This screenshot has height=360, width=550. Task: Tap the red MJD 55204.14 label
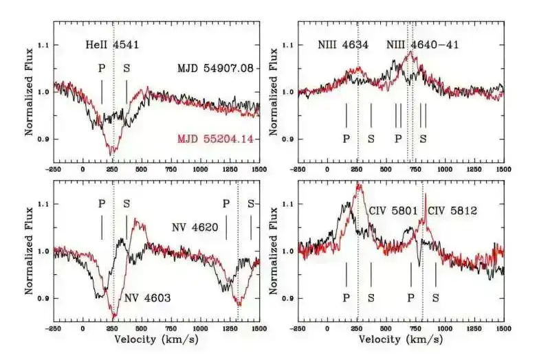pos(216,139)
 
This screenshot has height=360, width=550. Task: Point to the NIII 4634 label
pos(343,45)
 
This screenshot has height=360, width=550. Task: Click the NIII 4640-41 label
pos(423,45)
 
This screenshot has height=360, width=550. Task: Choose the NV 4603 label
pos(148,297)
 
